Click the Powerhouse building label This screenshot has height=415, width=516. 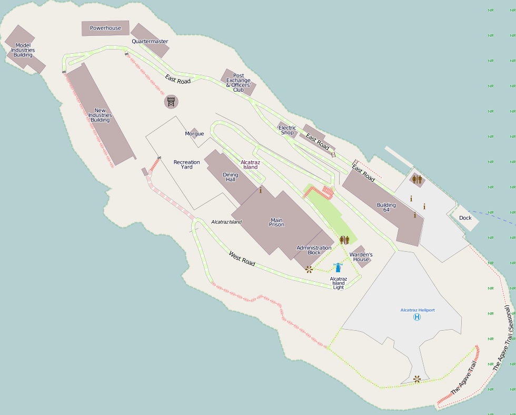click(105, 28)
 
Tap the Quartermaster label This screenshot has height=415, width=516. click(150, 41)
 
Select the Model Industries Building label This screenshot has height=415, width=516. click(23, 50)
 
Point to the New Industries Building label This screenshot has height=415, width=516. click(100, 115)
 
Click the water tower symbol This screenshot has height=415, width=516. click(171, 101)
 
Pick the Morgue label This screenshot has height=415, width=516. click(194, 134)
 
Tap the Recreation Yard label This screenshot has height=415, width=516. click(187, 164)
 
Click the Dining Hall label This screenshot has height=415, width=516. click(231, 177)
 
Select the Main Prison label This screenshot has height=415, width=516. click(276, 222)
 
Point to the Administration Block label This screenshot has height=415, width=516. click(314, 250)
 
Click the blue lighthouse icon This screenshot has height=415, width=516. click(338, 268)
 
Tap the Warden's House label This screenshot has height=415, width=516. click(361, 257)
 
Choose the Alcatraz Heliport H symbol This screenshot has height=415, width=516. click(417, 317)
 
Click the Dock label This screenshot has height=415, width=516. click(465, 218)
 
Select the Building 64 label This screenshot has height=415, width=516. click(386, 207)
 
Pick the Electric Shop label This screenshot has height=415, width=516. click(287, 130)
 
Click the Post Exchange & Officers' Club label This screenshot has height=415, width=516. click(239, 83)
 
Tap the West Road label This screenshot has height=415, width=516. click(242, 258)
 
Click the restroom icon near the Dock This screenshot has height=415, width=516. click(417, 180)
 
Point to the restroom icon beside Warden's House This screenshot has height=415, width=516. click(344, 240)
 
